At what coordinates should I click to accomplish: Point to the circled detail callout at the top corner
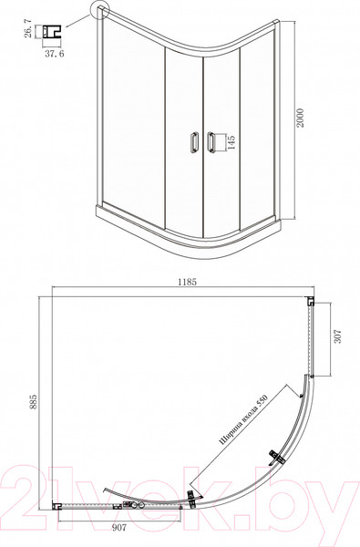click(98, 12)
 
